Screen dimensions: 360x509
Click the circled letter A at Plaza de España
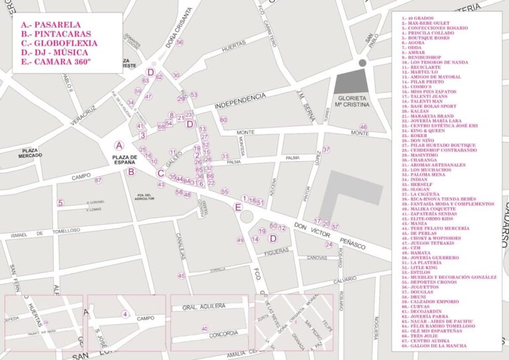[x=119, y=145]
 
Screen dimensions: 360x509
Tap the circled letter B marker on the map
[x=131, y=172]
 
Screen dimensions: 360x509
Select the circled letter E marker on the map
[x=239, y=207]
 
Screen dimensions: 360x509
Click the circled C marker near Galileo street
[x=160, y=174]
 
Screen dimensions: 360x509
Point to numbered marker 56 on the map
[x=179, y=42]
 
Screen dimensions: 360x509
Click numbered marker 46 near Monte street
[x=363, y=127]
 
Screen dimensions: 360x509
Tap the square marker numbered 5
[x=60, y=203]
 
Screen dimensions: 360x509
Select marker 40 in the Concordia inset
[x=205, y=328]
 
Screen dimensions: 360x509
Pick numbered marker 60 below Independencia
[x=223, y=120]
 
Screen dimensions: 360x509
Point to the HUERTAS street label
[x=233, y=48]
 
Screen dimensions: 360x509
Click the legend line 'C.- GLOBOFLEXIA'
[x=59, y=43]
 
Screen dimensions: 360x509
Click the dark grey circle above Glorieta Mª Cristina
[x=362, y=62]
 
